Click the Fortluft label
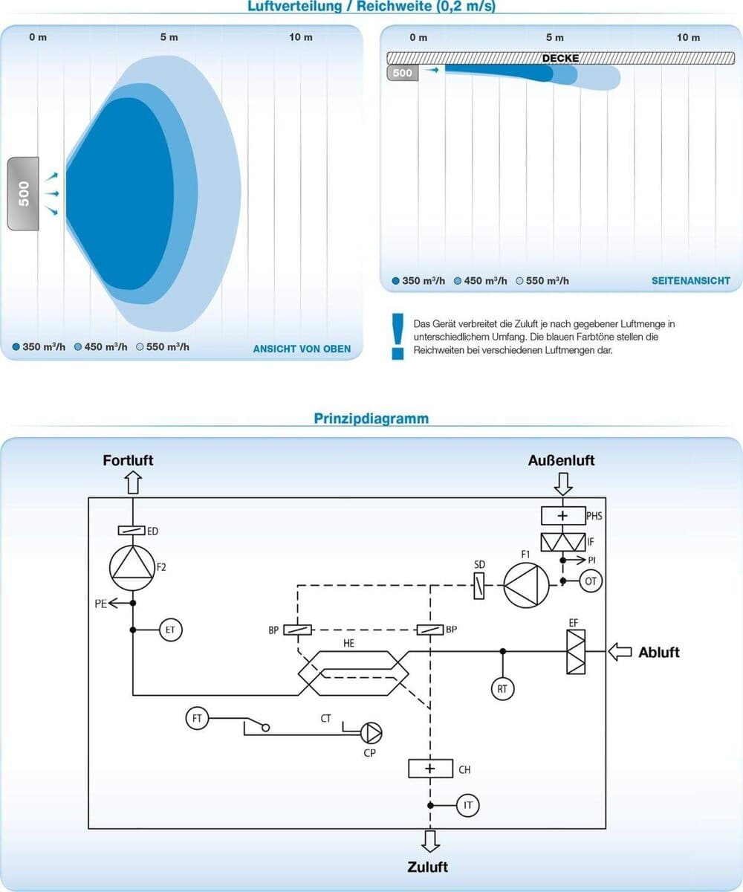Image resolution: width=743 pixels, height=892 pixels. (x=128, y=461)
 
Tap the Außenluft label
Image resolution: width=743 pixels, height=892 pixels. (x=562, y=461)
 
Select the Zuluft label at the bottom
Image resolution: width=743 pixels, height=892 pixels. (x=427, y=867)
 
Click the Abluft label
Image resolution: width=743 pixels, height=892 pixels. (x=659, y=653)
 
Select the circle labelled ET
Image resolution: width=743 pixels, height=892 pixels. (x=170, y=630)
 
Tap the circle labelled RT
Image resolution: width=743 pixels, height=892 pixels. (x=502, y=689)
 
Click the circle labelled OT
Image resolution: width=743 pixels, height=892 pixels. (x=591, y=581)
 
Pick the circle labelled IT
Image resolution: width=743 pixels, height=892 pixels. (x=468, y=805)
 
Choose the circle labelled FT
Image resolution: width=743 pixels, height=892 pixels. (x=197, y=719)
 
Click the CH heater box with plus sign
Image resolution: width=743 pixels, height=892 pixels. (x=430, y=769)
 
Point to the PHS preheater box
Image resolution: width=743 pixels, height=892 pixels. (x=562, y=514)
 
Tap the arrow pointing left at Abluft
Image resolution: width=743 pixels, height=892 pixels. (x=620, y=652)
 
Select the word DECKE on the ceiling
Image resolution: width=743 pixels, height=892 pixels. (x=560, y=58)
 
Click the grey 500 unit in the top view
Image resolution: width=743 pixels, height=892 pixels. (x=24, y=193)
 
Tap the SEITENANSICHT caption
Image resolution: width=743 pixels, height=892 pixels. (x=691, y=281)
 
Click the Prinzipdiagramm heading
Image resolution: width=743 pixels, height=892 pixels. (x=371, y=418)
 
